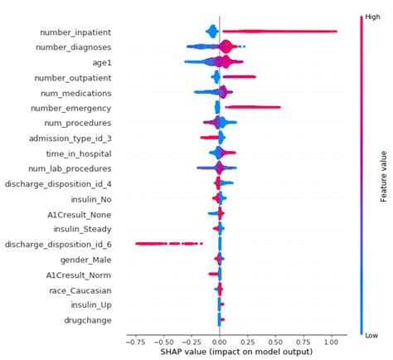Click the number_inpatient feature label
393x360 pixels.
(75, 32)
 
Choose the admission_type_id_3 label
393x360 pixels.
(70, 139)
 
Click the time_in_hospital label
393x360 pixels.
(76, 153)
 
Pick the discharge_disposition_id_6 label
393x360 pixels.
(58, 245)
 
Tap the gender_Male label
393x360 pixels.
(85, 260)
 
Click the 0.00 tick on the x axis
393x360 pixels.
(219, 340)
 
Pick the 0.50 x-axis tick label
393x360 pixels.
(275, 340)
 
